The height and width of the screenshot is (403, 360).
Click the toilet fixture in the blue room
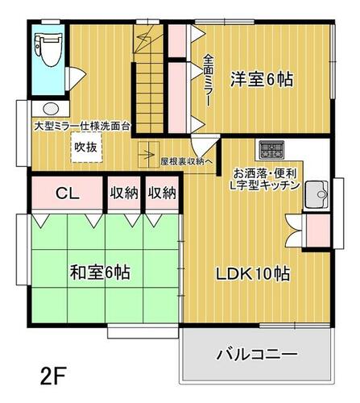point(48,49)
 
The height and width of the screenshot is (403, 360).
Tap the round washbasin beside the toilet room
point(51,109)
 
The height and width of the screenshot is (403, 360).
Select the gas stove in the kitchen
point(271,149)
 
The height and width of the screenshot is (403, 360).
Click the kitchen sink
point(317,194)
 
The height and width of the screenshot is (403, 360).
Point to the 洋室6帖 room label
point(262,80)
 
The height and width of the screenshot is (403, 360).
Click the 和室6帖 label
point(100,272)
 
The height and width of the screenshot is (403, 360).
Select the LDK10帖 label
point(253,274)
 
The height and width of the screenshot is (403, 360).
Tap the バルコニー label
point(257,355)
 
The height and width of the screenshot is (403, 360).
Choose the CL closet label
point(68,193)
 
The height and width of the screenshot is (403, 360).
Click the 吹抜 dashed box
point(86,147)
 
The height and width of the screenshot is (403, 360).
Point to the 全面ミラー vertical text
point(208,80)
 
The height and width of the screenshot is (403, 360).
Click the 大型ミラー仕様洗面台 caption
point(82,127)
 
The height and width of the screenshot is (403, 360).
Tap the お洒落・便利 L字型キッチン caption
point(266,179)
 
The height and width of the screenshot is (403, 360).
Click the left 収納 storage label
point(124,193)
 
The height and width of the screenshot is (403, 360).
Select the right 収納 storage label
point(162,193)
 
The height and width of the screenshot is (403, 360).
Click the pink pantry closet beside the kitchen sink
point(318,231)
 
